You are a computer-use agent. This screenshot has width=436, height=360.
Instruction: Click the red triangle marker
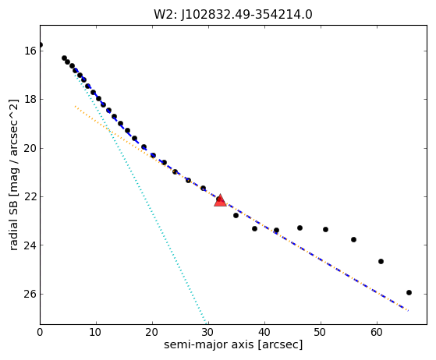[220, 200]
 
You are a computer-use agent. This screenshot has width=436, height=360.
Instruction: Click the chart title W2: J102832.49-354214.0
[233, 15]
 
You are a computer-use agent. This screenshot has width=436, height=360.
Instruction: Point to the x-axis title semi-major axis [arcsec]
[233, 344]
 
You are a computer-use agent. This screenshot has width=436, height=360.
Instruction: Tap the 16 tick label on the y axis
[30, 51]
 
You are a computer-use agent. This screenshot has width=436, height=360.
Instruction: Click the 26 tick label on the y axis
[30, 294]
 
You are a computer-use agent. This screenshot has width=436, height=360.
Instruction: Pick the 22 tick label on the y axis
[30, 196]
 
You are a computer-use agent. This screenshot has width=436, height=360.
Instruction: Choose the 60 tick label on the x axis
[377, 332]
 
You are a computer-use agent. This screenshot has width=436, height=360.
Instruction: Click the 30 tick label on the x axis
[208, 332]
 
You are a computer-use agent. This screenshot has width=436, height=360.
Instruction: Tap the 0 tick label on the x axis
[40, 332]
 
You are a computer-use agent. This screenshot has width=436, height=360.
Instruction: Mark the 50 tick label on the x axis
[321, 332]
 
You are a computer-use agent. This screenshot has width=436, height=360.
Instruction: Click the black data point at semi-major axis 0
[41, 44]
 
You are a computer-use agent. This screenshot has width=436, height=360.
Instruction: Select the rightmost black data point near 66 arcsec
[409, 292]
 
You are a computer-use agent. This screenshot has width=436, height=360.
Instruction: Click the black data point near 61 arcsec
[381, 261]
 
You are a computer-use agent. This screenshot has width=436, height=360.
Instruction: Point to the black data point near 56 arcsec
[353, 239]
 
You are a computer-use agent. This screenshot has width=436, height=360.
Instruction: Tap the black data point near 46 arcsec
[300, 228]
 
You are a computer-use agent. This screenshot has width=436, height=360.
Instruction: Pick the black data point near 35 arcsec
[236, 215]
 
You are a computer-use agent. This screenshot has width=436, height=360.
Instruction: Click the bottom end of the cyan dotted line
[206, 323]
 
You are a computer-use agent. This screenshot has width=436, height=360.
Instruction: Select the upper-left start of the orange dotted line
[75, 106]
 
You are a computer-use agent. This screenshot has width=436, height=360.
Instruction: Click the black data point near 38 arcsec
[254, 228]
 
